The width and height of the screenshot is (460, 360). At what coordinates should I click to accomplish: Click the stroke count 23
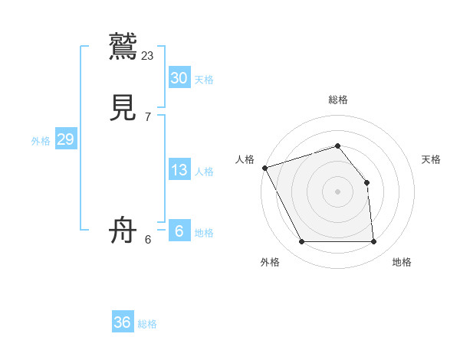[x=148, y=55]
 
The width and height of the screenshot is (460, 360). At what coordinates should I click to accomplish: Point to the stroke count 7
[x=148, y=117]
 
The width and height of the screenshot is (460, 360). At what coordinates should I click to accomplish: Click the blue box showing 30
[x=179, y=77]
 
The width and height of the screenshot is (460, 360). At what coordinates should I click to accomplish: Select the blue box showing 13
[x=179, y=170]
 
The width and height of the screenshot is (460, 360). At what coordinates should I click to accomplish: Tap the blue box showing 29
[x=65, y=139]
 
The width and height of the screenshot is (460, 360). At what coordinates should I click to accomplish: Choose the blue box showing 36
[x=123, y=322]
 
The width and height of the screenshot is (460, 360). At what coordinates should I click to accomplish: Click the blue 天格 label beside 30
[x=204, y=80]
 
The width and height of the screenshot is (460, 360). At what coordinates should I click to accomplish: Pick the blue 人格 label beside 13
[x=204, y=172]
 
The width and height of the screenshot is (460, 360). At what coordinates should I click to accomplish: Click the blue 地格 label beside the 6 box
[x=204, y=233]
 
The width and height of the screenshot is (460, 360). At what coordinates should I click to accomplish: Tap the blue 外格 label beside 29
[x=41, y=141]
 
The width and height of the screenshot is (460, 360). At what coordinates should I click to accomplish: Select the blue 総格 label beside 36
[x=147, y=324]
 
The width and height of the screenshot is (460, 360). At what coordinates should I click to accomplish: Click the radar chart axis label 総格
[x=337, y=100]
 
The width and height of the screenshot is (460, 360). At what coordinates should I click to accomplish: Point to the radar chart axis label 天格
[x=431, y=159]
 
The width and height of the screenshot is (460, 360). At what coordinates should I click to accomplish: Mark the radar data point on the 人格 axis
[x=264, y=168]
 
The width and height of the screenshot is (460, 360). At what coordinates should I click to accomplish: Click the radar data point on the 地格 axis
[x=373, y=242]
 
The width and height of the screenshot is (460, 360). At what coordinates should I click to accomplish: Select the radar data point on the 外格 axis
[x=301, y=242]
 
